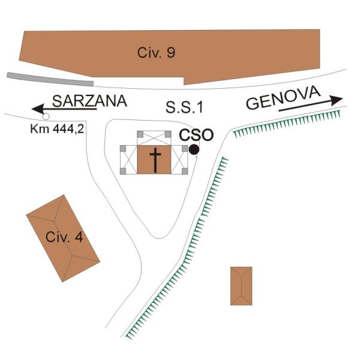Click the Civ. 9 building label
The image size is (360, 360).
[156, 52]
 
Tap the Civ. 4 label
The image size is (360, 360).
[64, 237]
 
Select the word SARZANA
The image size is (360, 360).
[89, 101]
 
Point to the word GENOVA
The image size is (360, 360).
[283, 98]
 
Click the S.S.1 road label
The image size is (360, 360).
[184, 107]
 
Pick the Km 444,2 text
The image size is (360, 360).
[57, 129]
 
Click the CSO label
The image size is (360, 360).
[196, 135]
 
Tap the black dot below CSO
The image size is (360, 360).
[194, 149]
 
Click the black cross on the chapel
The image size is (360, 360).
[155, 160]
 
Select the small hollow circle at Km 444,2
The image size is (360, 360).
[46, 116]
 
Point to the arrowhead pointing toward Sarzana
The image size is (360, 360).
[38, 109]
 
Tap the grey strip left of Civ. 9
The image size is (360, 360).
[50, 79]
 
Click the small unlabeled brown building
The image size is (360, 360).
[241, 286]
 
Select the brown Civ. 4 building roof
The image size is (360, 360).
[63, 238]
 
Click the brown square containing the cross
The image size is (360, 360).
[154, 160]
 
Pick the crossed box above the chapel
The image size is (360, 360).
[154, 138]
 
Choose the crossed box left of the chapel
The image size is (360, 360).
[128, 160]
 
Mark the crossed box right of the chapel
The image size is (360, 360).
[179, 160]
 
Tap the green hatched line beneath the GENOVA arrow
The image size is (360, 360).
[286, 124]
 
